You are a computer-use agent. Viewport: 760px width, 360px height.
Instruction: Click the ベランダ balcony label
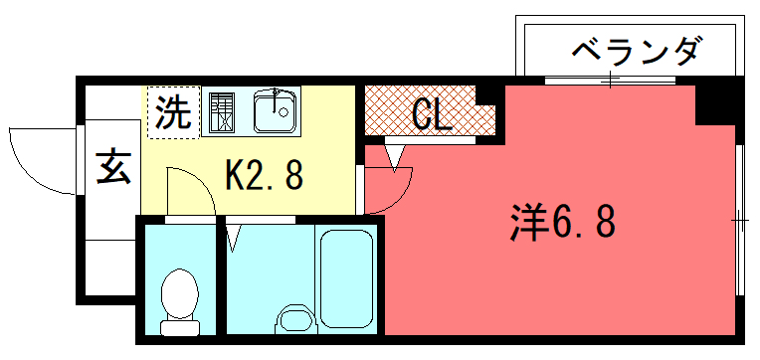(x=637, y=52)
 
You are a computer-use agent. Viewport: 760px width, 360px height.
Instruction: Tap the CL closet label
(x=432, y=114)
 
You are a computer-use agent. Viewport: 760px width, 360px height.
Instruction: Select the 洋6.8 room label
(x=562, y=222)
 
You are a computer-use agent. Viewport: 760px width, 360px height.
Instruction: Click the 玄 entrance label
(x=113, y=167)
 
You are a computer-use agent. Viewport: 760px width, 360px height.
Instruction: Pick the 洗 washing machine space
(x=173, y=113)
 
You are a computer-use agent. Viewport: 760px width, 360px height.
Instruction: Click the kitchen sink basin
(x=275, y=112)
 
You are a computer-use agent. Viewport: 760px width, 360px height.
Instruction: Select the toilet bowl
(x=179, y=293)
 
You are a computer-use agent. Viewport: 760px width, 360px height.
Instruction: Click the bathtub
(x=346, y=279)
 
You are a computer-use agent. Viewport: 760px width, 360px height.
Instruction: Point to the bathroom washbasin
(x=295, y=319)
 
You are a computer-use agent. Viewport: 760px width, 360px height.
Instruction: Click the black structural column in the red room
(x=716, y=105)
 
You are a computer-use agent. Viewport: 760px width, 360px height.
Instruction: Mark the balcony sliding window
(x=610, y=80)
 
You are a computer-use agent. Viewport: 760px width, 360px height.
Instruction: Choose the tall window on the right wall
(x=740, y=220)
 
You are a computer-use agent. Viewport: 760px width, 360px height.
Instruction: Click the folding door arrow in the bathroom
(x=233, y=239)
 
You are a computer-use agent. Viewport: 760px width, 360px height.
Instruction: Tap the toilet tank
(x=180, y=328)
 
